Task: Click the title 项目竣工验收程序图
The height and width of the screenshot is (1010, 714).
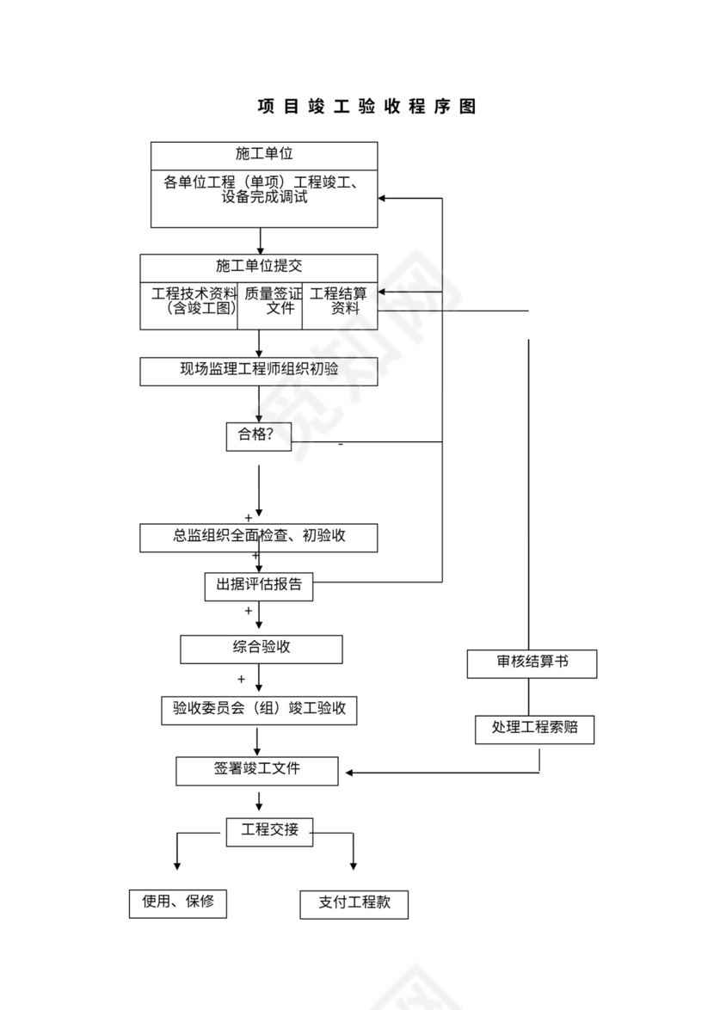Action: [366, 107]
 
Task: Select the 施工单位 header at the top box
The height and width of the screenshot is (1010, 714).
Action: [264, 154]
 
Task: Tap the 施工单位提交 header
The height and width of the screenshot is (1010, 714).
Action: [259, 266]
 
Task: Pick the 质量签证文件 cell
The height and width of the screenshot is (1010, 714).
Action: [270, 302]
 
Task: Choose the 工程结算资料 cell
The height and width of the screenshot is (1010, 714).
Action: [339, 302]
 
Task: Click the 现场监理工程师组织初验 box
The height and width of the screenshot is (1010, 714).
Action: [259, 371]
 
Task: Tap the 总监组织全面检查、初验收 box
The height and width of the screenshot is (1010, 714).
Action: [259, 537]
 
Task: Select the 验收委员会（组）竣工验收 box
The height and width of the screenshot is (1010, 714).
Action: [259, 710]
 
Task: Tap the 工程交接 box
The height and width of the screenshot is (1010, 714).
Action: [269, 831]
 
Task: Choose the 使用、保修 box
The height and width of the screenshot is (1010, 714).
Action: [178, 903]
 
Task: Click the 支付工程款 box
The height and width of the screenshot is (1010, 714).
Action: [354, 904]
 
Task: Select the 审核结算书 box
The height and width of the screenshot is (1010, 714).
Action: [532, 663]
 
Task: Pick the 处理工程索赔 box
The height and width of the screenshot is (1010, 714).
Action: [534, 729]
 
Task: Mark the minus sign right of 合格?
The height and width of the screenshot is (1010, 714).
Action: [341, 445]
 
